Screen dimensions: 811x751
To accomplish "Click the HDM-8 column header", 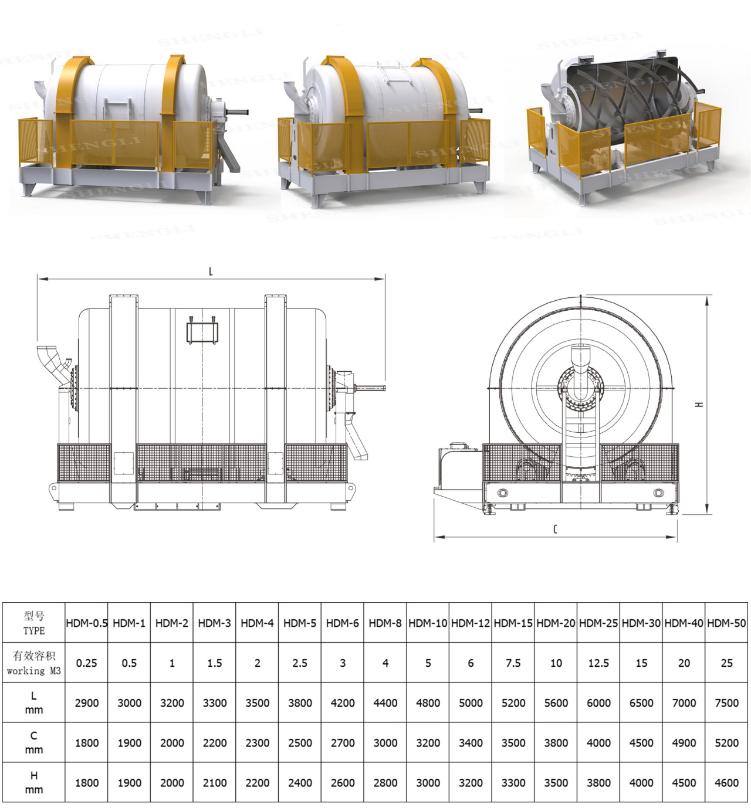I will click(x=385, y=623).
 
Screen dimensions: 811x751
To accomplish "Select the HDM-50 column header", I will click(x=726, y=623).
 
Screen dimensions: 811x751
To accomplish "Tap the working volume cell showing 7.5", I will click(x=513, y=663).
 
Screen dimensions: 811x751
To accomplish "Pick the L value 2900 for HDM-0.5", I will click(x=86, y=703).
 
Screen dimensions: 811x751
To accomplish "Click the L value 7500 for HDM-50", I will click(x=726, y=703).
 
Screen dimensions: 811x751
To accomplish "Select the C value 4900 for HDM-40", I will click(x=684, y=742).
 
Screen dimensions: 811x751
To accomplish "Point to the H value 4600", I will click(x=726, y=782).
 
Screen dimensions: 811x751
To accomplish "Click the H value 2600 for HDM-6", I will click(x=342, y=782).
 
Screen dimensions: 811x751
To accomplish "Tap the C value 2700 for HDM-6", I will click(x=342, y=742).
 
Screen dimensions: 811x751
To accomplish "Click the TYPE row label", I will click(x=33, y=623).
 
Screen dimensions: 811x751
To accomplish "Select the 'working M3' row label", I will click(x=33, y=663).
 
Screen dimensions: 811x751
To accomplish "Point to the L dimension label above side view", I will click(x=211, y=272).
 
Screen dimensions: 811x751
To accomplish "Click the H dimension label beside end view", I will click(x=699, y=404).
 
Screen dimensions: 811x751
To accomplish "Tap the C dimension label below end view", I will click(x=555, y=529).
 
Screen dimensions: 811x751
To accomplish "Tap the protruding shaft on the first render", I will click(x=238, y=111).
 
